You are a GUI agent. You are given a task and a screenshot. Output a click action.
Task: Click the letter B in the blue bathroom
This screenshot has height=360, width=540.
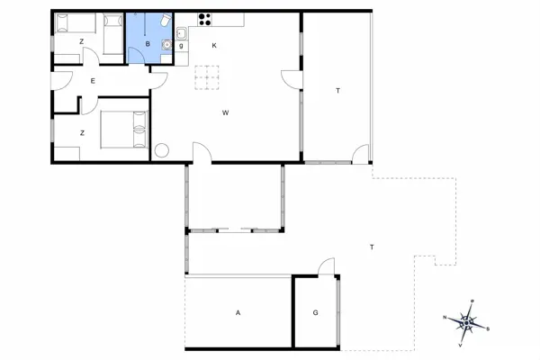click(147, 44)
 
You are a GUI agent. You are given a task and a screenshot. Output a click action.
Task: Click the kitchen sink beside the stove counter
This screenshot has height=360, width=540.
click(181, 34)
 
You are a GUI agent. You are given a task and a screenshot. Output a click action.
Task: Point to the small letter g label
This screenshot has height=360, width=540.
click(181, 45)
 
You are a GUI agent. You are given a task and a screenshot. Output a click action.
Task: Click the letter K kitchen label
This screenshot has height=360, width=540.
click(214, 44)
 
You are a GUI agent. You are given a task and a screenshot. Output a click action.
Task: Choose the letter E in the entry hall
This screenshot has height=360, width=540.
click(93, 80)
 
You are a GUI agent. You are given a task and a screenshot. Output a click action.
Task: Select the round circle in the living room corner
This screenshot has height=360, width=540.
click(164, 151)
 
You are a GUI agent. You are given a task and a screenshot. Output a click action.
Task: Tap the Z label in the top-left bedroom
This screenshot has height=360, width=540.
click(81, 42)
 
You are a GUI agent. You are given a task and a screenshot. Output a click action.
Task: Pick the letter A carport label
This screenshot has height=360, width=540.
click(238, 313)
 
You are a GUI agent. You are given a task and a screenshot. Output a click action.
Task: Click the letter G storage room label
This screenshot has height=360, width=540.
click(315, 313)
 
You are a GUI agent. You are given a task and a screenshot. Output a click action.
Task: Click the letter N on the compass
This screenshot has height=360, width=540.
click(445, 318)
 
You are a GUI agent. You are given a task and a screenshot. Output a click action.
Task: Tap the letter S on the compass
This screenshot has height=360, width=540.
click(488, 328)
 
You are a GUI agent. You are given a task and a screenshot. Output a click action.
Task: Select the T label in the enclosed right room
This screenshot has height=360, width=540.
click(337, 91)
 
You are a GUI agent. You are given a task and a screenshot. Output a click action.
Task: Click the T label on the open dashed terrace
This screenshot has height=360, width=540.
click(371, 246)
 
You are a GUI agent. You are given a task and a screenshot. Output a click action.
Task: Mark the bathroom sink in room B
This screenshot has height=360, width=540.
click(166, 44)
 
